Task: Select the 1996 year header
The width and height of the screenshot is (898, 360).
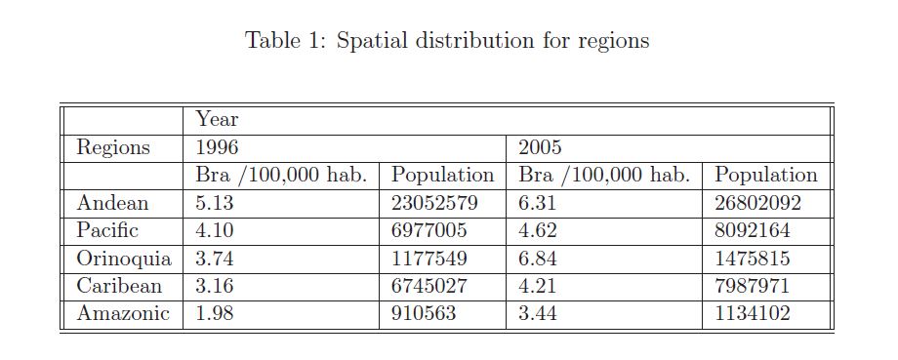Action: [x=217, y=147]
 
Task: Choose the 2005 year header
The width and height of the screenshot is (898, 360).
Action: [x=540, y=147]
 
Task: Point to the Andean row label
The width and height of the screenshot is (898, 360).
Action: [x=113, y=203]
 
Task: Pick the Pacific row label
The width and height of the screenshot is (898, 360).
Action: [x=107, y=230]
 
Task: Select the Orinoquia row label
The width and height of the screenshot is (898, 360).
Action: [x=124, y=260]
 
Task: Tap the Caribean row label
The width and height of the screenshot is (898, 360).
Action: [x=119, y=286]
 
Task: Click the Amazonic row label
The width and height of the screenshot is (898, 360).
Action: [x=123, y=313]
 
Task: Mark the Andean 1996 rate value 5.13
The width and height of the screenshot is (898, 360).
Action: [x=215, y=203]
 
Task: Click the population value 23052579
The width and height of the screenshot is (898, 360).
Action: [x=433, y=203]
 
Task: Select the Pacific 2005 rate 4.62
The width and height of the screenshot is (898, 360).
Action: [x=537, y=230]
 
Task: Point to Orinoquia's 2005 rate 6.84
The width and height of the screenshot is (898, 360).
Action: [x=537, y=259]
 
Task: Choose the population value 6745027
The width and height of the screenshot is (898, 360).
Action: [x=429, y=286]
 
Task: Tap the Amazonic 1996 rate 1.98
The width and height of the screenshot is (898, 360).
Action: [x=215, y=313]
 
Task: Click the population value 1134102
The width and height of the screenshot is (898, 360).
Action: [x=753, y=313]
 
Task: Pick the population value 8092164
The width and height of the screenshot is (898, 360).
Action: [x=753, y=230]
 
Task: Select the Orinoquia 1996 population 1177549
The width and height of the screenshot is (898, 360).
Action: [x=429, y=259]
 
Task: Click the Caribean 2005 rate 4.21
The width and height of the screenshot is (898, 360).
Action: [x=537, y=286]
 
